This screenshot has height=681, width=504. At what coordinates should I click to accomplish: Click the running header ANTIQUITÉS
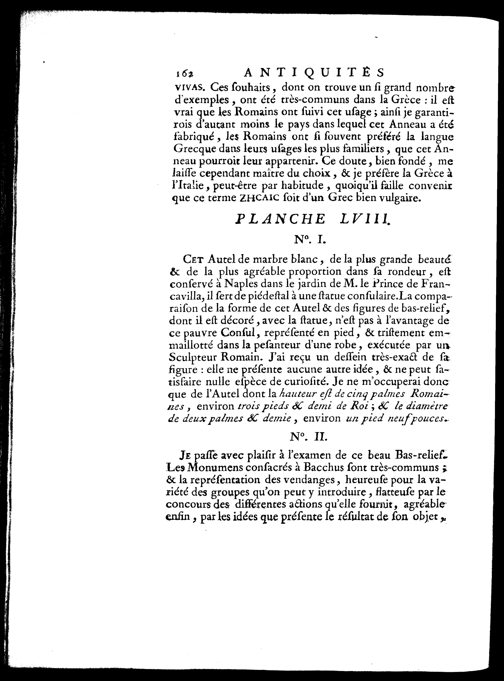tap(315, 73)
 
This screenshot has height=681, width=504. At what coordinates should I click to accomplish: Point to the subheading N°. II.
tap(308, 437)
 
